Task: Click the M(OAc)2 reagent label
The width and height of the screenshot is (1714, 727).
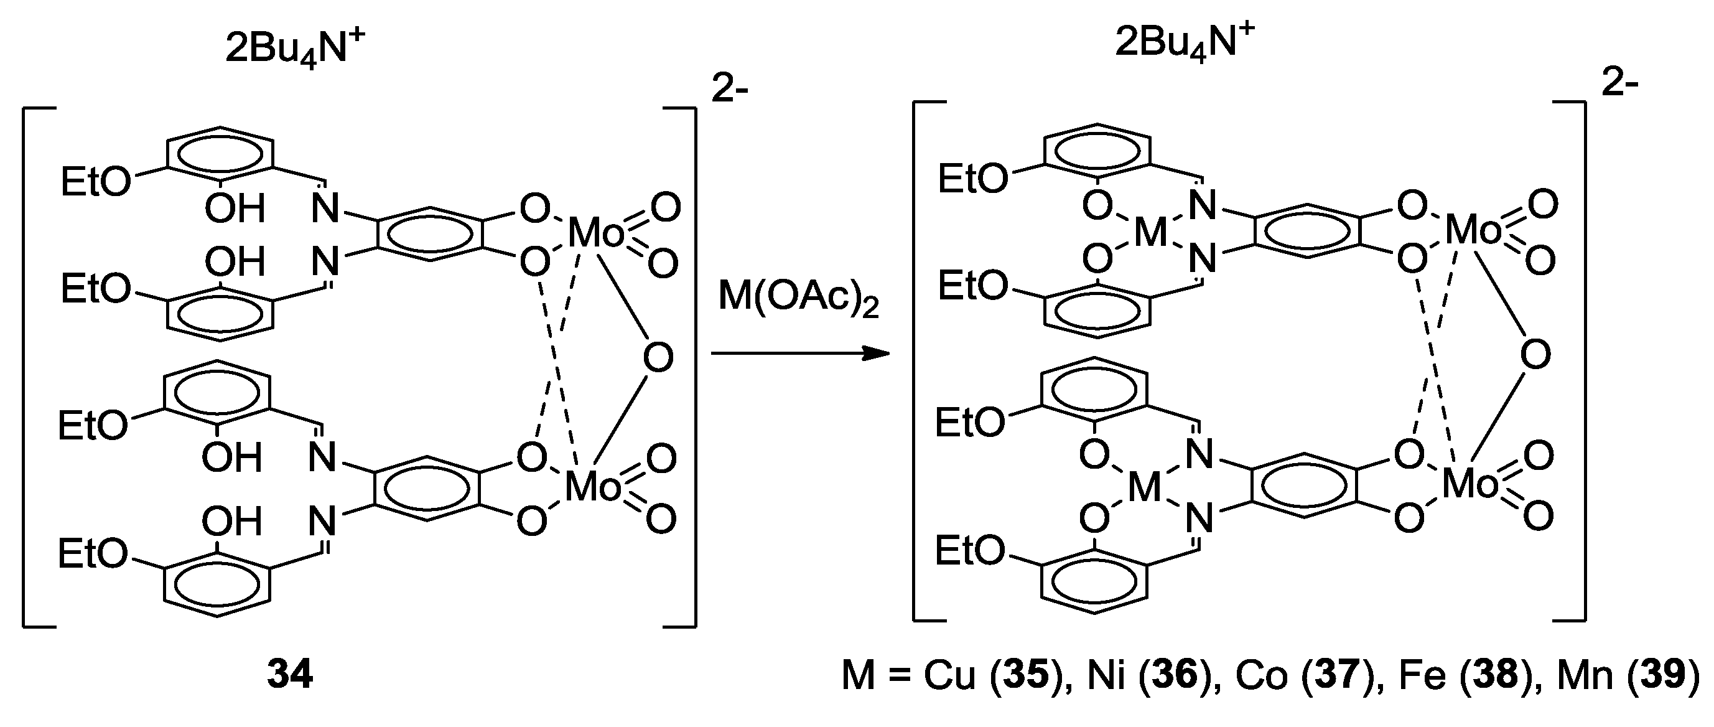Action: [x=798, y=298]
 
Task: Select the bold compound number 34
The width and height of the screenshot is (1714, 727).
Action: [x=290, y=675]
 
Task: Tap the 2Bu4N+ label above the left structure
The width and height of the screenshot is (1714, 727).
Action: [x=296, y=47]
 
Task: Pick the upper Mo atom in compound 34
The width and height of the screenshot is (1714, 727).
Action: [x=596, y=233]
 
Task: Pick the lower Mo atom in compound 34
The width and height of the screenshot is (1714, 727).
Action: [x=593, y=488]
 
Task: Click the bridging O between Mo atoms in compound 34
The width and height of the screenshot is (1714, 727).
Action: [x=658, y=358]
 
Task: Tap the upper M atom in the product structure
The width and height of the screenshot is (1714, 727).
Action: [x=1150, y=233]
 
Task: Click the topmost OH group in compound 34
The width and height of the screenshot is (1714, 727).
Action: [x=234, y=209]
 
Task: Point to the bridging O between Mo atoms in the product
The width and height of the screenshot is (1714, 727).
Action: [x=1535, y=355]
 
